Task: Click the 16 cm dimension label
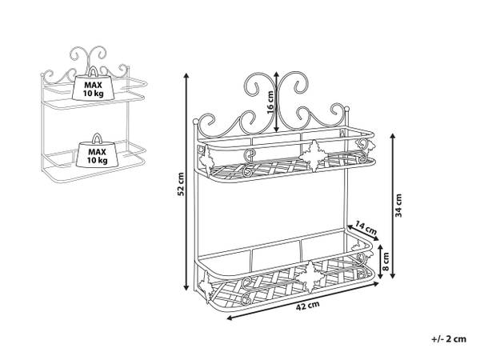271,102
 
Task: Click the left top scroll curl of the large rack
258,88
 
